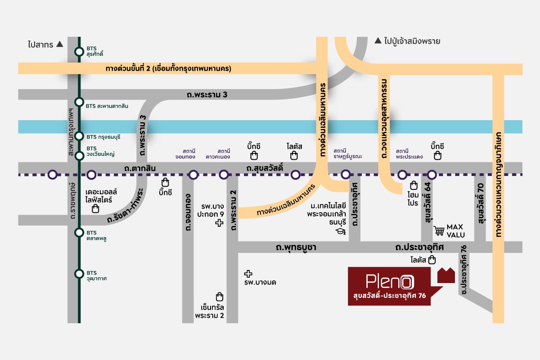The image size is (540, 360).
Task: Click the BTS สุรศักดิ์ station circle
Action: [x=79, y=52]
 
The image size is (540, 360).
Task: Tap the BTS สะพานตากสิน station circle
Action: [x=79, y=102]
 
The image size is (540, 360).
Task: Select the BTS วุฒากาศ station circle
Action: [x=79, y=274]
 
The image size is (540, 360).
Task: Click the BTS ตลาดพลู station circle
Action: [x=79, y=233]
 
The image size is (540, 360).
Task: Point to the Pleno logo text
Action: [x=390, y=281]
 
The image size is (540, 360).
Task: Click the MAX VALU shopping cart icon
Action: [x=439, y=230]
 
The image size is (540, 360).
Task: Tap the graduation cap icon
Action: [x=341, y=231]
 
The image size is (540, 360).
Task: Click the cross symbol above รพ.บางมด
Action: [x=248, y=274]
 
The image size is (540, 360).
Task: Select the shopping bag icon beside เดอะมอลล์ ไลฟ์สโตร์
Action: [x=95, y=208]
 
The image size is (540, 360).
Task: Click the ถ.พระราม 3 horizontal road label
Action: [x=207, y=94]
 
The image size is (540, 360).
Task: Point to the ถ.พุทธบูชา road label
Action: [x=296, y=247]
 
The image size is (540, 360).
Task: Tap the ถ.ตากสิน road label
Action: [x=140, y=168]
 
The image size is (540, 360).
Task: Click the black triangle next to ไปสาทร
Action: [x=59, y=44]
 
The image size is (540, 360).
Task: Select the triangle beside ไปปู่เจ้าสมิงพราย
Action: [x=378, y=40]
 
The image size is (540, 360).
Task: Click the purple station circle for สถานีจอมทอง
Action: [x=193, y=175]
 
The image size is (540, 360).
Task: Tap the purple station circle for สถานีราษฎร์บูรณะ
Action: [x=346, y=174]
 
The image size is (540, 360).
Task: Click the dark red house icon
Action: [x=446, y=275]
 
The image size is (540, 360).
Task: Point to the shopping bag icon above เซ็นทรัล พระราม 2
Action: [x=220, y=297]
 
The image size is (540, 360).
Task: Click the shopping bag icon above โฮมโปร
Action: [x=414, y=185]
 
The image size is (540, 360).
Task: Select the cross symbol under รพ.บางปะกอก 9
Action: [x=219, y=223]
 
